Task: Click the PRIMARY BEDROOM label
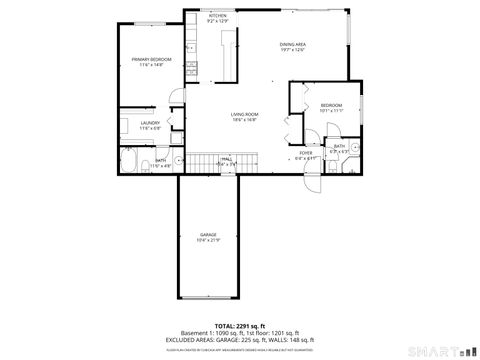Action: coord(152,59)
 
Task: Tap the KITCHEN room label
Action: coord(217,16)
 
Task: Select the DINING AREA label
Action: coord(293,44)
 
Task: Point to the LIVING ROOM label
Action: coord(245,115)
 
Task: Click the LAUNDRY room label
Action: coord(137,123)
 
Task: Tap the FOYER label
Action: coord(305,153)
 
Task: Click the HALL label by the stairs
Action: coord(228,159)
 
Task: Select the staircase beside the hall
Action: coord(205,164)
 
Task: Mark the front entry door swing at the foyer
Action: coord(313,184)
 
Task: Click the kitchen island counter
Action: coord(229,56)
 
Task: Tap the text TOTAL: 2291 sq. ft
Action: coord(239,326)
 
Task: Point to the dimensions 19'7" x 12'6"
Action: coord(293,50)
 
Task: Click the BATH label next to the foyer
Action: coord(340,146)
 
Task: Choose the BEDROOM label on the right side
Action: coord(331,105)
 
